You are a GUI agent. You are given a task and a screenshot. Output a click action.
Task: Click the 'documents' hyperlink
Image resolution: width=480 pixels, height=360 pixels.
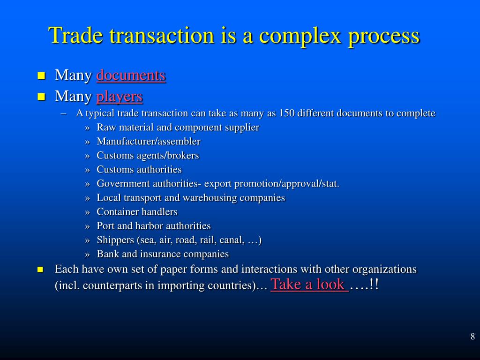coord(131,75)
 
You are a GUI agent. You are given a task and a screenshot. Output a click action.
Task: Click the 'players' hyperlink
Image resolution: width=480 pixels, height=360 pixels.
coord(119,97)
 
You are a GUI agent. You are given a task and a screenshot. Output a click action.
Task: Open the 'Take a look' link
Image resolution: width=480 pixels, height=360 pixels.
coord(309,284)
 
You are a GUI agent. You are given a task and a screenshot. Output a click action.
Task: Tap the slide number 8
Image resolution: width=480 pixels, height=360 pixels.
coord(472,336)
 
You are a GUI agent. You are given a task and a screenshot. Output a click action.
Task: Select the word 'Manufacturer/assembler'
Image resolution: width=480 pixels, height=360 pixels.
coord(149,142)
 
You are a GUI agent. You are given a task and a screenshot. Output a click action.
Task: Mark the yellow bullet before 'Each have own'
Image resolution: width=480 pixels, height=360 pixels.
coord(41,270)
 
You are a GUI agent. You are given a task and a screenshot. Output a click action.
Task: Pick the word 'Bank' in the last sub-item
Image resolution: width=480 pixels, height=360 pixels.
coord(107,254)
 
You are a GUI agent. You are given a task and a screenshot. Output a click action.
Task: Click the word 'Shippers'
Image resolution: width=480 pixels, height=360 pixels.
coord(115,240)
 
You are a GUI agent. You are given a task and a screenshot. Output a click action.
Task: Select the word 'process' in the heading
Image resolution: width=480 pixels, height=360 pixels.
coord(384,36)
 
